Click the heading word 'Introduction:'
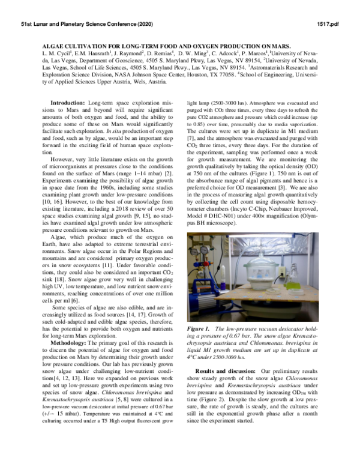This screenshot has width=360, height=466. pyautogui.click(x=68, y=104)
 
